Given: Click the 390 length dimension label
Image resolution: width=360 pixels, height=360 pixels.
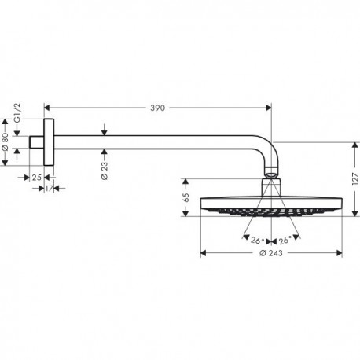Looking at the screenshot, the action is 157,108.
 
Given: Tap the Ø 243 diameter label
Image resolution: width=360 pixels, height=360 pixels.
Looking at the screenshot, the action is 271,253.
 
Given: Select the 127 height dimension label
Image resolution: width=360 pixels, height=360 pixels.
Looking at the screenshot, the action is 355,179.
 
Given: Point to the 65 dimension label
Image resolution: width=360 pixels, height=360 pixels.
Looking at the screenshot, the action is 186,197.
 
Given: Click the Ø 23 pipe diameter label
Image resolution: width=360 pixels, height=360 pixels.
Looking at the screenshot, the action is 105,171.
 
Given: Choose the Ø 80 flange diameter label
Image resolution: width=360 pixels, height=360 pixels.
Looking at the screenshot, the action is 5,141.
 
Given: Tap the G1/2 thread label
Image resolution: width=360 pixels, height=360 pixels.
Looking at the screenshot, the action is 17,112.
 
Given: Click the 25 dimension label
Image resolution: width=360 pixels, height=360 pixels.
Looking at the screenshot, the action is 37,178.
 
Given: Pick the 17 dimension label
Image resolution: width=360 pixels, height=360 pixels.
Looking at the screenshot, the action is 49,188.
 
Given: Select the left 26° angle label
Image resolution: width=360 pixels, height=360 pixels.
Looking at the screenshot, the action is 257,241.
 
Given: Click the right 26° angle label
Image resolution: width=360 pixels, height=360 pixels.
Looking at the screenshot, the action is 285,241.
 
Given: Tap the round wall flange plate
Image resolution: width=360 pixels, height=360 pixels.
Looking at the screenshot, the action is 49,142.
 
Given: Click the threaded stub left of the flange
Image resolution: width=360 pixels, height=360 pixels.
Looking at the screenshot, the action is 36,142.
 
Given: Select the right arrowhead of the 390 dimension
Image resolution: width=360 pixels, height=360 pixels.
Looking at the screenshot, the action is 269,108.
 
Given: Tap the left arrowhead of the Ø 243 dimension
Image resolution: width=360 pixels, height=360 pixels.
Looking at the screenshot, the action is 204,253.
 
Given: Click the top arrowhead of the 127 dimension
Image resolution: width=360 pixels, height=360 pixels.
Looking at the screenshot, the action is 355,145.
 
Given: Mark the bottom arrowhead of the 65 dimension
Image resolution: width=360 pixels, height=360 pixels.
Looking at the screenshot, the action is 186,214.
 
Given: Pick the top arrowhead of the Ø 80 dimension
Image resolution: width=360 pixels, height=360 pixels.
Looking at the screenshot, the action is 5,122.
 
